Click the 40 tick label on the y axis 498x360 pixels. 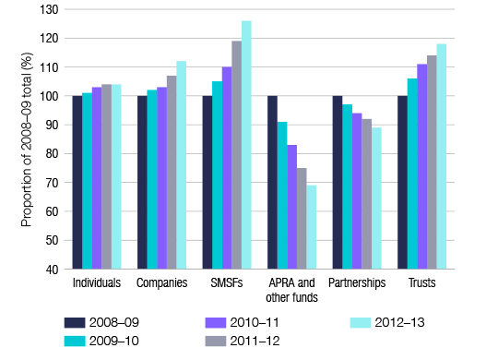click(x=51, y=270)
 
